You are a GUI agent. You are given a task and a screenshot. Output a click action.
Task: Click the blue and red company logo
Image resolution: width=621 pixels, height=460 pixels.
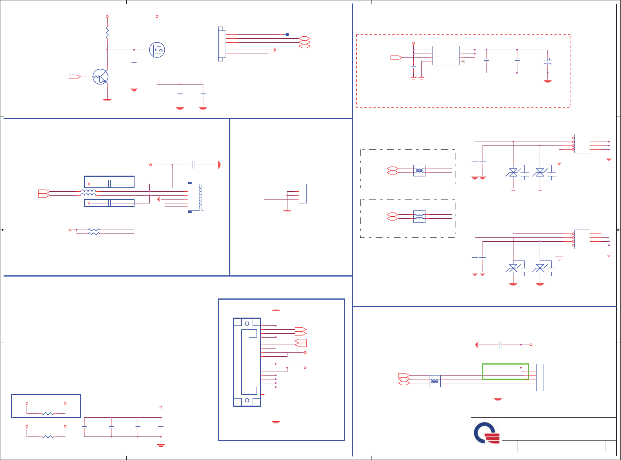pos(487,433)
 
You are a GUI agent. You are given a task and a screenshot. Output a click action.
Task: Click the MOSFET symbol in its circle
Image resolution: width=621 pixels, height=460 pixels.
pos(157,50)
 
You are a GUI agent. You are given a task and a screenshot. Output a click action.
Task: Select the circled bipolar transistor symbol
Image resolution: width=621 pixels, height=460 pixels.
pos(101,77)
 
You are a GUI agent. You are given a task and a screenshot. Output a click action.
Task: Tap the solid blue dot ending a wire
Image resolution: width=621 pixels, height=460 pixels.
pos(287,34)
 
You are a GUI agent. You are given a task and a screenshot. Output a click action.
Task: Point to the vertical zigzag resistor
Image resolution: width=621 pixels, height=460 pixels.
pos(107,33)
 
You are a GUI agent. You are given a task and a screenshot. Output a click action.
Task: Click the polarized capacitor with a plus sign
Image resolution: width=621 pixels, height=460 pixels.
pos(547,63)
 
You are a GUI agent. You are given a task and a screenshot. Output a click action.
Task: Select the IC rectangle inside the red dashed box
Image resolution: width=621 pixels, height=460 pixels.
pos(446,56)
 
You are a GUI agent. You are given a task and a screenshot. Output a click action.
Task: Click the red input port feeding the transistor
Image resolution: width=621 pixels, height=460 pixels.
pos(75,77)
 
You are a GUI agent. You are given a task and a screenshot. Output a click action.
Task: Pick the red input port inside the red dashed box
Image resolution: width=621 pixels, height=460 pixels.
pos(396,57)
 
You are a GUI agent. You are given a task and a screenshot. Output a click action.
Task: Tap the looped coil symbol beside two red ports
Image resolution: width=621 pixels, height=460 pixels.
pos(88,193)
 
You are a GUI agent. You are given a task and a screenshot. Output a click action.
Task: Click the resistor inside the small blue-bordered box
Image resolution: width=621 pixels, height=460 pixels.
pos(48,413)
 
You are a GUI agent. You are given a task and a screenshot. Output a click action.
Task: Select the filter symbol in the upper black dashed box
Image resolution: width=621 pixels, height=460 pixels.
pos(419,171)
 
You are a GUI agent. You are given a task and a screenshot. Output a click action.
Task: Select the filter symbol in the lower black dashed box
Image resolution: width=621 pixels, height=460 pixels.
pos(419,216)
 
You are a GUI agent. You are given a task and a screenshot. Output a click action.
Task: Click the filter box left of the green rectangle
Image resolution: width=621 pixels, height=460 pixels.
pos(434,381)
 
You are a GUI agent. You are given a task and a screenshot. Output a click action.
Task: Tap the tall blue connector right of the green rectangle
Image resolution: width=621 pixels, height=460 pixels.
pos(540,377)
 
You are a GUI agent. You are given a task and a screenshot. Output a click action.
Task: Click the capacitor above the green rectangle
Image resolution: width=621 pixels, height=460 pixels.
pos(500,345)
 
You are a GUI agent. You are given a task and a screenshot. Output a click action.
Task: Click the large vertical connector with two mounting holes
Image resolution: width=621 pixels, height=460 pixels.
pos(247,362)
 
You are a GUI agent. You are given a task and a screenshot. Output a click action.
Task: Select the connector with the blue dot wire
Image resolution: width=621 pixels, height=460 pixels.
pos(222,44)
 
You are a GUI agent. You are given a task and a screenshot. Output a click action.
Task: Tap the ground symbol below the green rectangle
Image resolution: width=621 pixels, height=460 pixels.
pos(498,400)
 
